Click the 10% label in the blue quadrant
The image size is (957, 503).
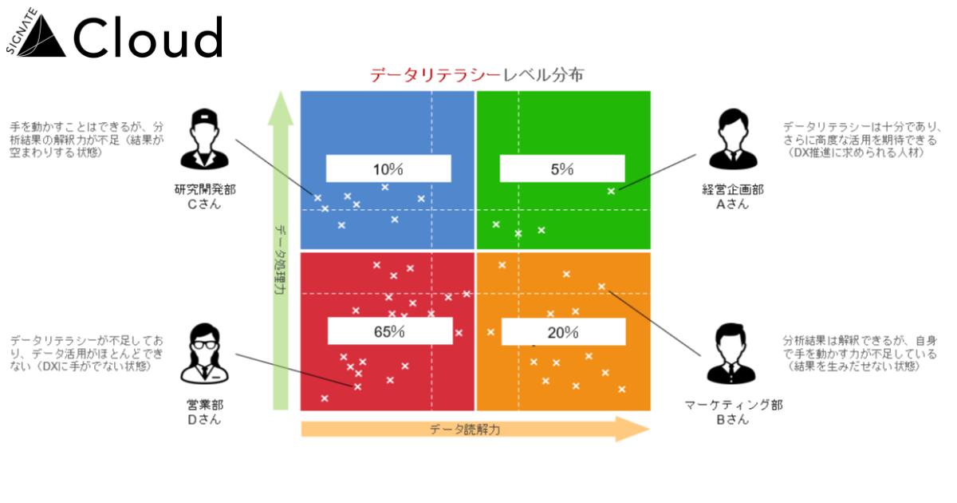(388, 169)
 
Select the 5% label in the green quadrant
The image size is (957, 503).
(561, 169)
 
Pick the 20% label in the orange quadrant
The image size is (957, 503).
(562, 333)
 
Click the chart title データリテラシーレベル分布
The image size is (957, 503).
(476, 76)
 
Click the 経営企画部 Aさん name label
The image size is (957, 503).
(732, 197)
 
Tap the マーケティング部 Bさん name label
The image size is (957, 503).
(732, 412)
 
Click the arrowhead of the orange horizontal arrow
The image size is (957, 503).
(638, 430)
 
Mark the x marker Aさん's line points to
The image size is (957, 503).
(611, 191)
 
